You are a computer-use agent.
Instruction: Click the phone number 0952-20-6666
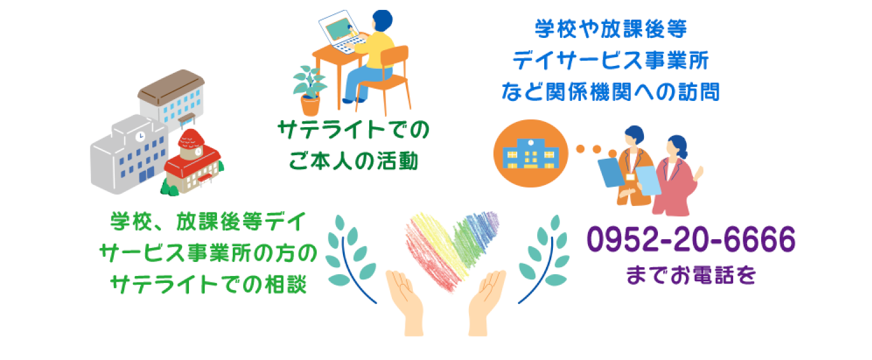click(691, 239)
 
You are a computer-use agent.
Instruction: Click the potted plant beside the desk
click(310, 91)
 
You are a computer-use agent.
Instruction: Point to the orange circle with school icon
click(531, 153)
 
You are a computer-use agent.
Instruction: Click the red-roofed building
click(192, 162)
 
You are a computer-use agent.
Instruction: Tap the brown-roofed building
click(171, 99)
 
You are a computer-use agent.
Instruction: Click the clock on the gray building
click(140, 137)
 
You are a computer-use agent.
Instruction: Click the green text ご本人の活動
click(353, 160)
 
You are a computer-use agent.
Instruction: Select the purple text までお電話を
click(691, 275)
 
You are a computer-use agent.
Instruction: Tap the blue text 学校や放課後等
click(611, 29)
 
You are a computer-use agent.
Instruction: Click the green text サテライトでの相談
click(209, 284)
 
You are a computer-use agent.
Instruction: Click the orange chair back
click(394, 55)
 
